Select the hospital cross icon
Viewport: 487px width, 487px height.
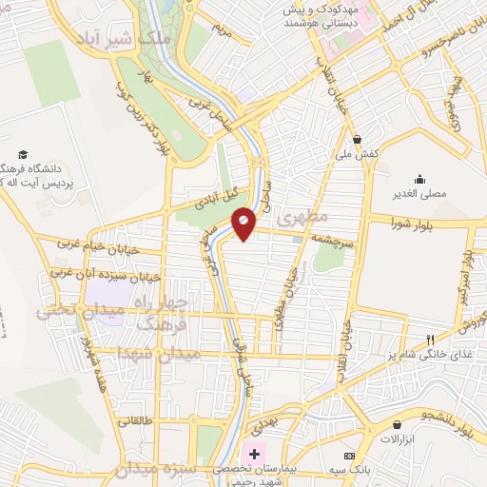(x=254, y=454)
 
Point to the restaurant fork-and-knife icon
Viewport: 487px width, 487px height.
(x=430, y=340)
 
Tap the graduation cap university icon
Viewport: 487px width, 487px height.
(x=22, y=153)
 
